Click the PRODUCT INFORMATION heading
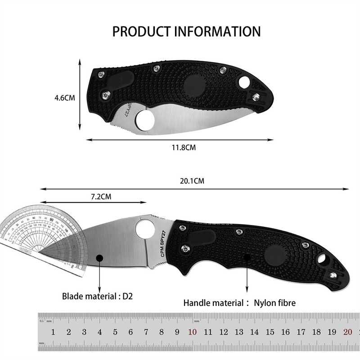click(186, 31)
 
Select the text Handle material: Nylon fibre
click(239, 303)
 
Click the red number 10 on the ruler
click(192, 332)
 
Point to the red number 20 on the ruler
click(347, 332)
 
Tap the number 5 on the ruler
click(115, 332)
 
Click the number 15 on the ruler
click(270, 332)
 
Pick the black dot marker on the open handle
click(247, 257)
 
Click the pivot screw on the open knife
click(184, 248)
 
